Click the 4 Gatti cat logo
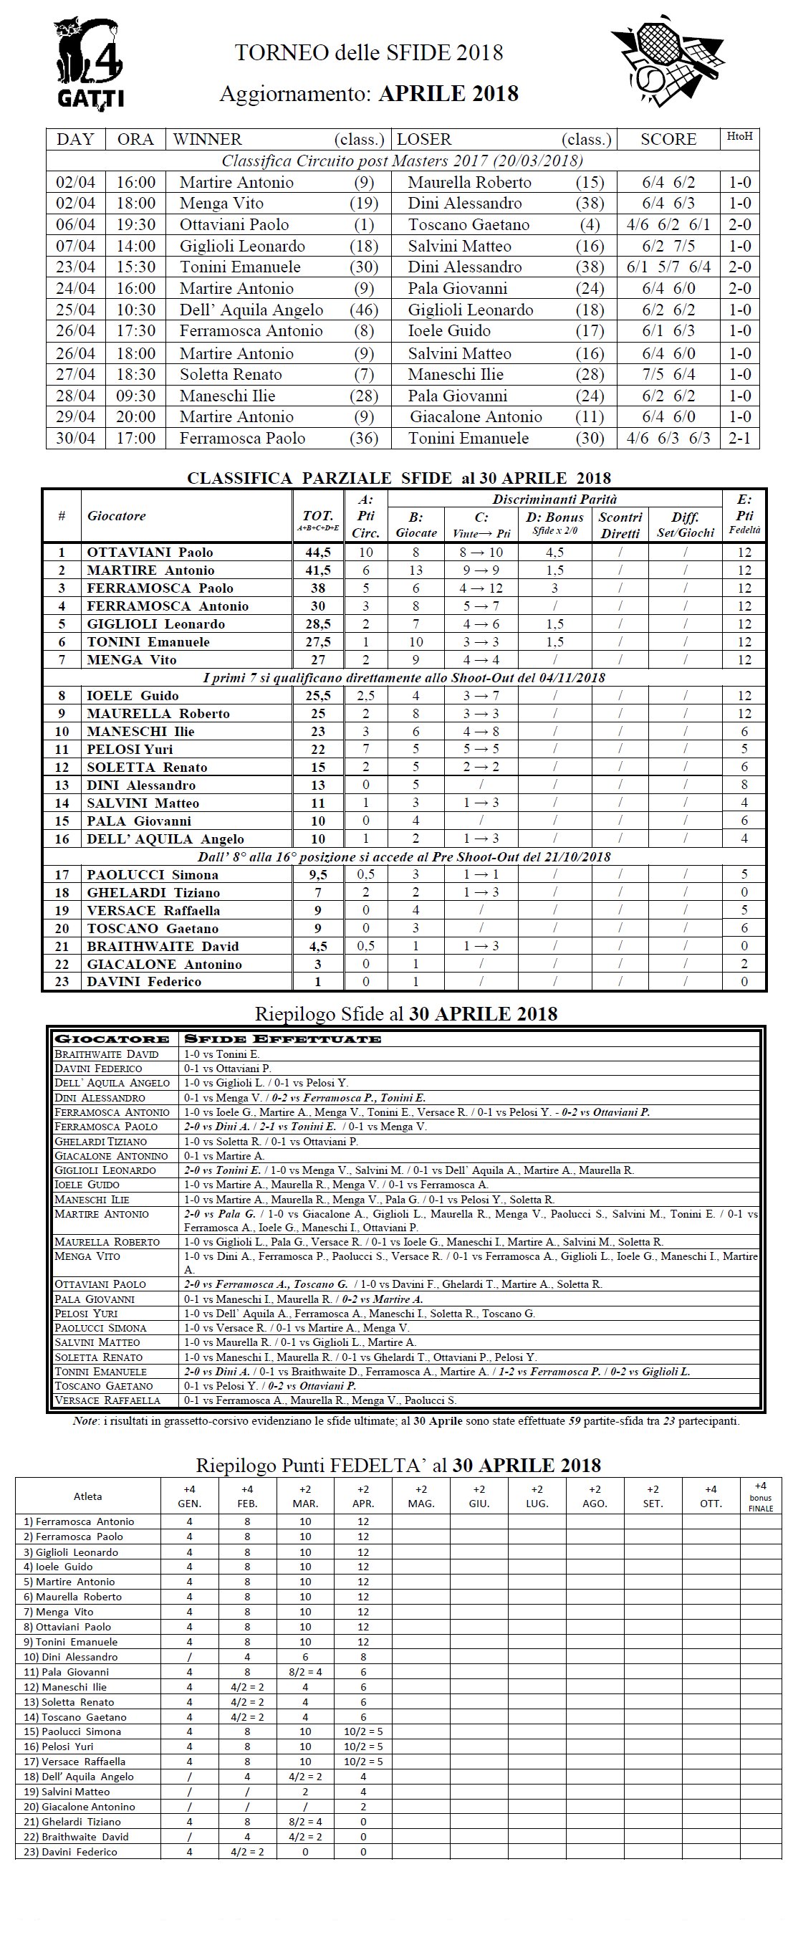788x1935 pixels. (x=89, y=62)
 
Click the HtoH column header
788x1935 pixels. (x=739, y=137)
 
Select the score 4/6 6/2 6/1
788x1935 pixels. (x=668, y=224)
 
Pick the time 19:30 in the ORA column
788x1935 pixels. (x=135, y=224)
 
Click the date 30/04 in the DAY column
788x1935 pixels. (x=75, y=438)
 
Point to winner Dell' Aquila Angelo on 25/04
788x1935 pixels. (x=251, y=310)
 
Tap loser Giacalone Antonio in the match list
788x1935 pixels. (x=476, y=417)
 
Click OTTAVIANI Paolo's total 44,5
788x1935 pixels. (x=318, y=552)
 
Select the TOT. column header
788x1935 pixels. (x=318, y=516)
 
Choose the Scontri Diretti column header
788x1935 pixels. (x=620, y=525)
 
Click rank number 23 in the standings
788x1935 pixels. (x=62, y=982)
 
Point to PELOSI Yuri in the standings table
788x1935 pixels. (x=129, y=749)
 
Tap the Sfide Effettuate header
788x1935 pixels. (x=282, y=1039)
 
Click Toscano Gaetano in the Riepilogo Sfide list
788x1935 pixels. (x=104, y=1386)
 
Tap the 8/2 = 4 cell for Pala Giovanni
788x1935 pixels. (x=305, y=1672)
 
